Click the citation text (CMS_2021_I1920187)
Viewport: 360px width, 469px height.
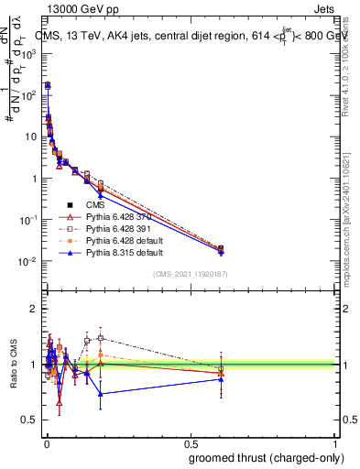click(191, 274)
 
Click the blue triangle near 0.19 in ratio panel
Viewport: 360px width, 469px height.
click(101, 394)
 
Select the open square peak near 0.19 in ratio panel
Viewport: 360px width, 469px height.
click(101, 337)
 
